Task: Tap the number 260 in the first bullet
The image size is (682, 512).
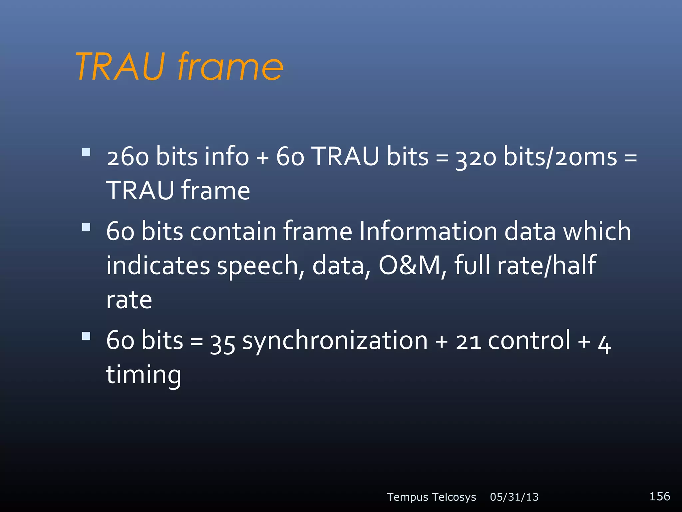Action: point(128,157)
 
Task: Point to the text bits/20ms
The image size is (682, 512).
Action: point(560,157)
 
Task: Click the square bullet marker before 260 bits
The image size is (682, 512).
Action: point(86,152)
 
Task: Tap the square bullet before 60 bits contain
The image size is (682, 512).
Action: point(86,227)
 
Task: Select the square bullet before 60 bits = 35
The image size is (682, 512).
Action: point(86,336)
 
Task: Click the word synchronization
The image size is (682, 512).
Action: point(335,341)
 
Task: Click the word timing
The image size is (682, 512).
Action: point(144,375)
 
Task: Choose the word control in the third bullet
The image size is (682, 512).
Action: point(529,341)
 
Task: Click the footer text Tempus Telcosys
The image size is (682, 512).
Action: point(431,497)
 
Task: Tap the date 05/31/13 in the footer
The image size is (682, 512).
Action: point(514,497)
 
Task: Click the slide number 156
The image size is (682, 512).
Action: point(660,496)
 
